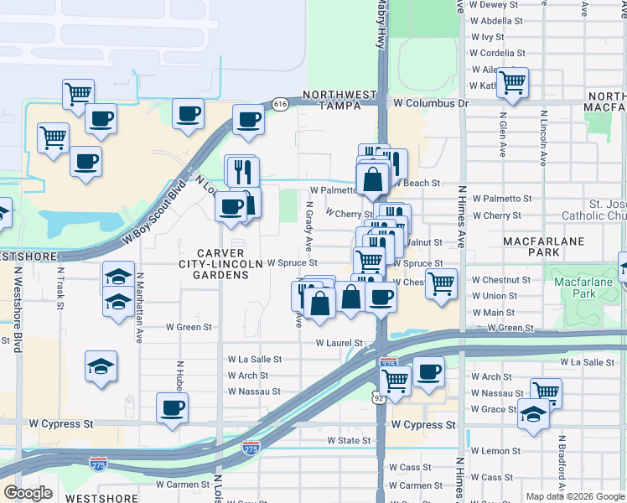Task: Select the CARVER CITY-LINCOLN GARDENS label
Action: point(220,263)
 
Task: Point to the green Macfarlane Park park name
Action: point(585,293)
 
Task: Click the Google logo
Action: point(28,493)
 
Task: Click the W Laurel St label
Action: point(339,343)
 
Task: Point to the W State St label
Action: point(349,440)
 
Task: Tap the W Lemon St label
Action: point(496,451)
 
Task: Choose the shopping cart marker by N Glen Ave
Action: point(511,81)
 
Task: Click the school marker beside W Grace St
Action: point(533,413)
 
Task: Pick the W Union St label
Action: point(494,296)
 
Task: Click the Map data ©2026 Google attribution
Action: point(575,496)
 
